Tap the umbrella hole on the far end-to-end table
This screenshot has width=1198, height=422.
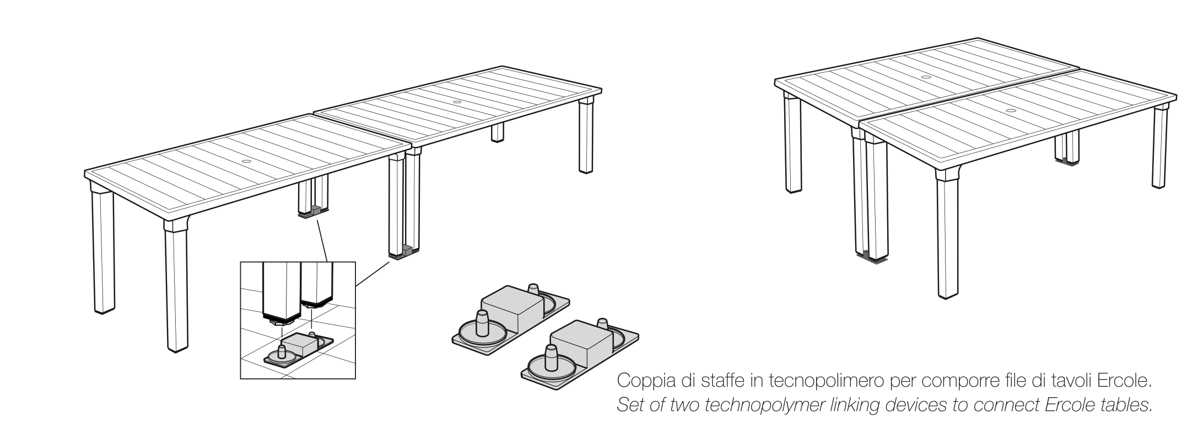click(457, 102)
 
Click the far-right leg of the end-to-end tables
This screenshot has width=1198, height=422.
click(587, 135)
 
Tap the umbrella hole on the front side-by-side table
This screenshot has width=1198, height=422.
click(1011, 111)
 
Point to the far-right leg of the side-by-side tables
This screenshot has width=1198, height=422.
click(1160, 147)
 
